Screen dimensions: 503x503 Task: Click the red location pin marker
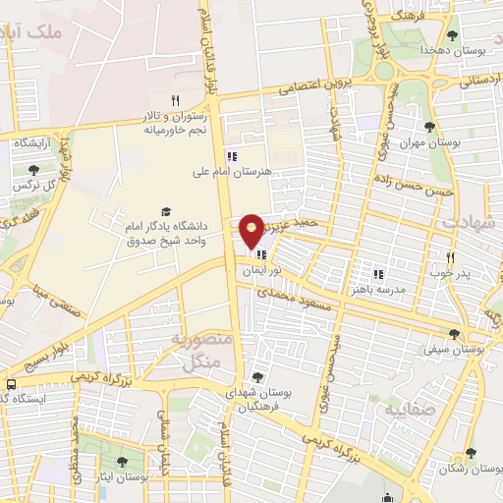tap(252, 230)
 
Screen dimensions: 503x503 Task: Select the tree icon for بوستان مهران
tap(428, 127)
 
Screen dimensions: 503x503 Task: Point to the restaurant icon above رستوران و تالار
tap(175, 99)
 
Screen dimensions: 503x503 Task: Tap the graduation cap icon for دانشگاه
tap(165, 211)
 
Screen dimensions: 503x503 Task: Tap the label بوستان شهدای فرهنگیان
tap(257, 398)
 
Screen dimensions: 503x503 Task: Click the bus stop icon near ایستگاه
tap(10, 385)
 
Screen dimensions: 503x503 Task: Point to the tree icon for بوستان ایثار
tap(122, 462)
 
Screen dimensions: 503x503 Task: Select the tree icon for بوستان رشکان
tap(471, 454)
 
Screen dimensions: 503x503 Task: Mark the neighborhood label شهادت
tap(469, 222)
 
